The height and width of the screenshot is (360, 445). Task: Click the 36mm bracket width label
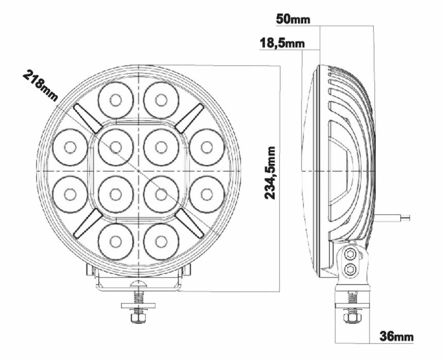(397, 337)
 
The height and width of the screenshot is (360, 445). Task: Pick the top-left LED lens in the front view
(116, 100)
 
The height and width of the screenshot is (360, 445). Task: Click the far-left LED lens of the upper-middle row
(70, 147)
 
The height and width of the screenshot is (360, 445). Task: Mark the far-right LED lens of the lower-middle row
(207, 194)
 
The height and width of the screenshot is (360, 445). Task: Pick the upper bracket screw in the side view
(351, 254)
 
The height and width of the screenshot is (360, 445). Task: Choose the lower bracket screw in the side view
(351, 268)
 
